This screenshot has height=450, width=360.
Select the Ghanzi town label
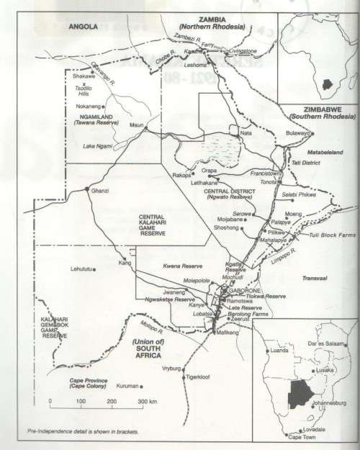coord(99,190)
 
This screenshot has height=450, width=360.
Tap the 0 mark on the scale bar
coord(50,400)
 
